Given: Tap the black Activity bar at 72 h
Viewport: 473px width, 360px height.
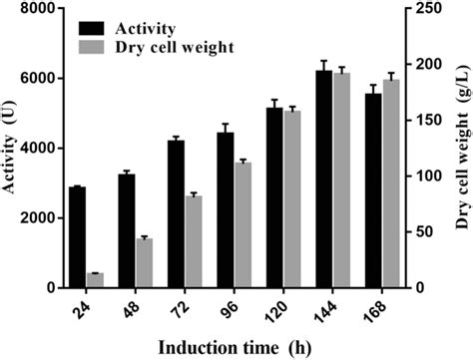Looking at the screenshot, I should [176, 213].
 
